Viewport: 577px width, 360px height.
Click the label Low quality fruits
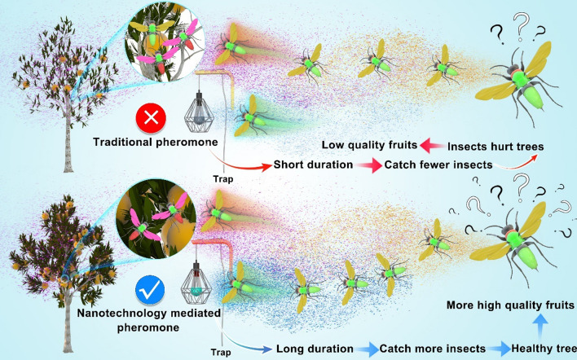(x=368, y=145)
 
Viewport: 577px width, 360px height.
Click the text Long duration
(x=315, y=349)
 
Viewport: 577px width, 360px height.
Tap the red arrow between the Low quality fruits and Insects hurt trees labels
(x=431, y=145)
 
